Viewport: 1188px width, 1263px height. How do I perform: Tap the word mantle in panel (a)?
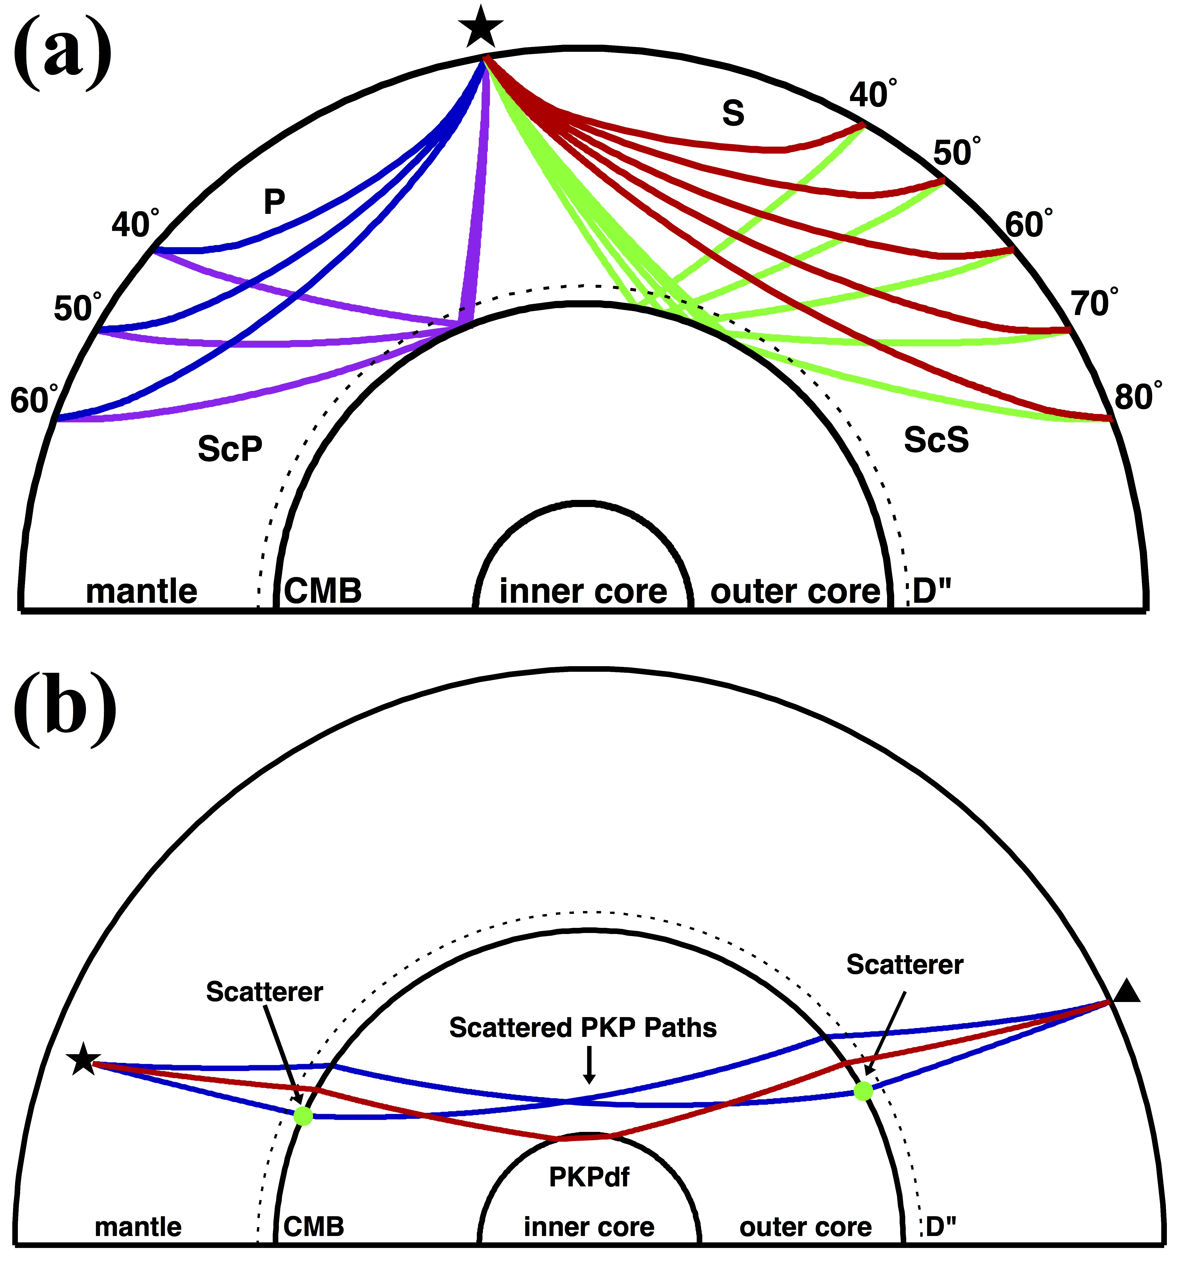tap(142, 591)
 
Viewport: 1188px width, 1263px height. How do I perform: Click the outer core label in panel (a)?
tap(795, 591)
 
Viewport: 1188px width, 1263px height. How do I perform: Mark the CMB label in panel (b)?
tap(314, 1226)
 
